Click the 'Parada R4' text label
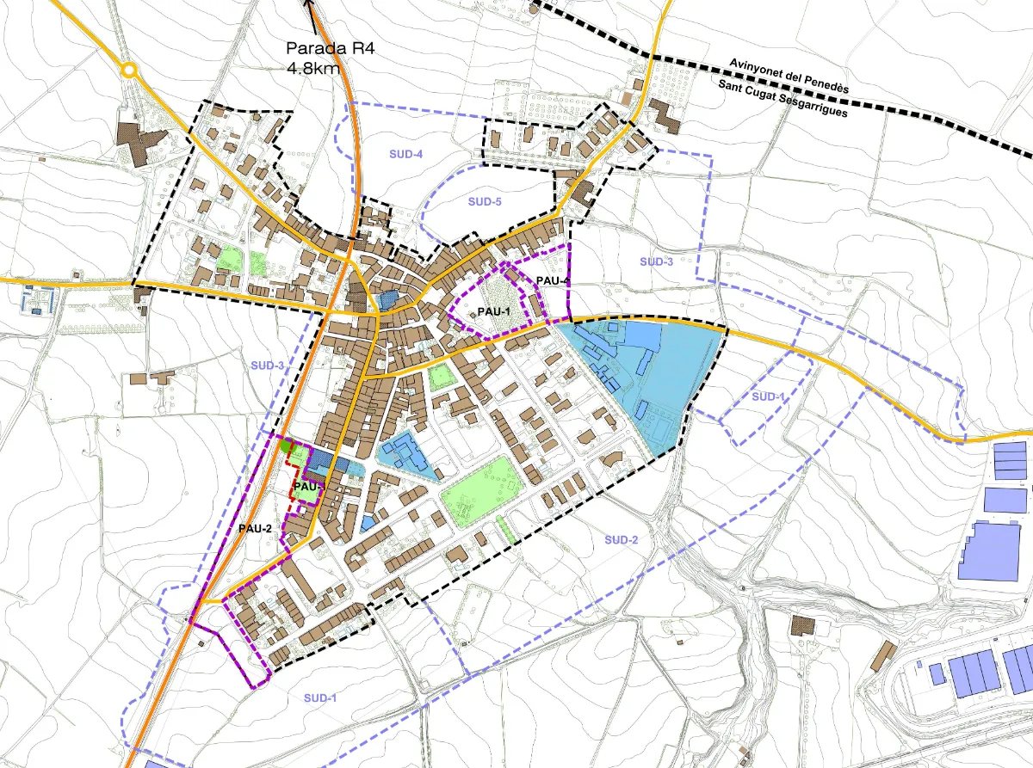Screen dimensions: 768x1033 click(331, 48)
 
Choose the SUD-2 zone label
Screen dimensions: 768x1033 click(621, 539)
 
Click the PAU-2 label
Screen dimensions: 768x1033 click(256, 527)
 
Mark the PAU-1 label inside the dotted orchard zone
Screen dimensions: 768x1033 click(494, 310)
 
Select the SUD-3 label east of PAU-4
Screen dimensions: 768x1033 click(656, 261)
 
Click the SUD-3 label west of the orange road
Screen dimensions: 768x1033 click(268, 366)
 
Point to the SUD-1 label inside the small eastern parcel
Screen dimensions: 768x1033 click(768, 396)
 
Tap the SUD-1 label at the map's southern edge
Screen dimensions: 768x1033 click(319, 697)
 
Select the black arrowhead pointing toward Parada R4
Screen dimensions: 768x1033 click(308, 4)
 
